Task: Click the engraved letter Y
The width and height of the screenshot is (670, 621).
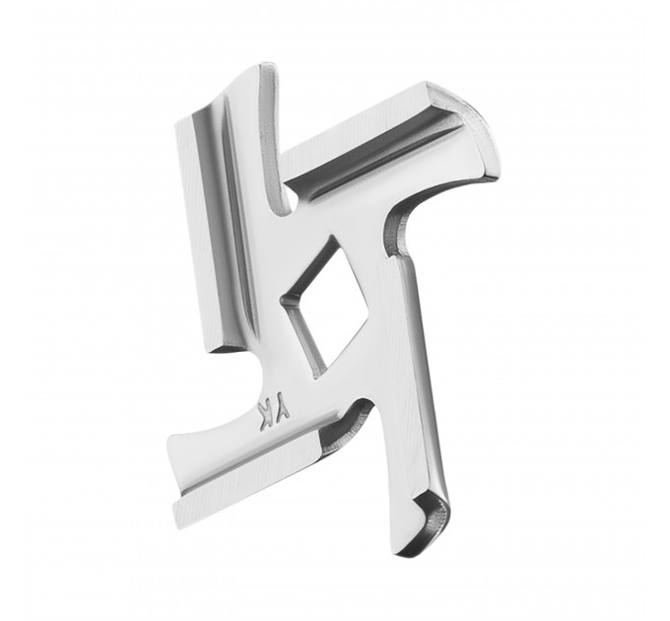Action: coord(285,410)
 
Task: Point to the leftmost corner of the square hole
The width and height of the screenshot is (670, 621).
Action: coord(280,301)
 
